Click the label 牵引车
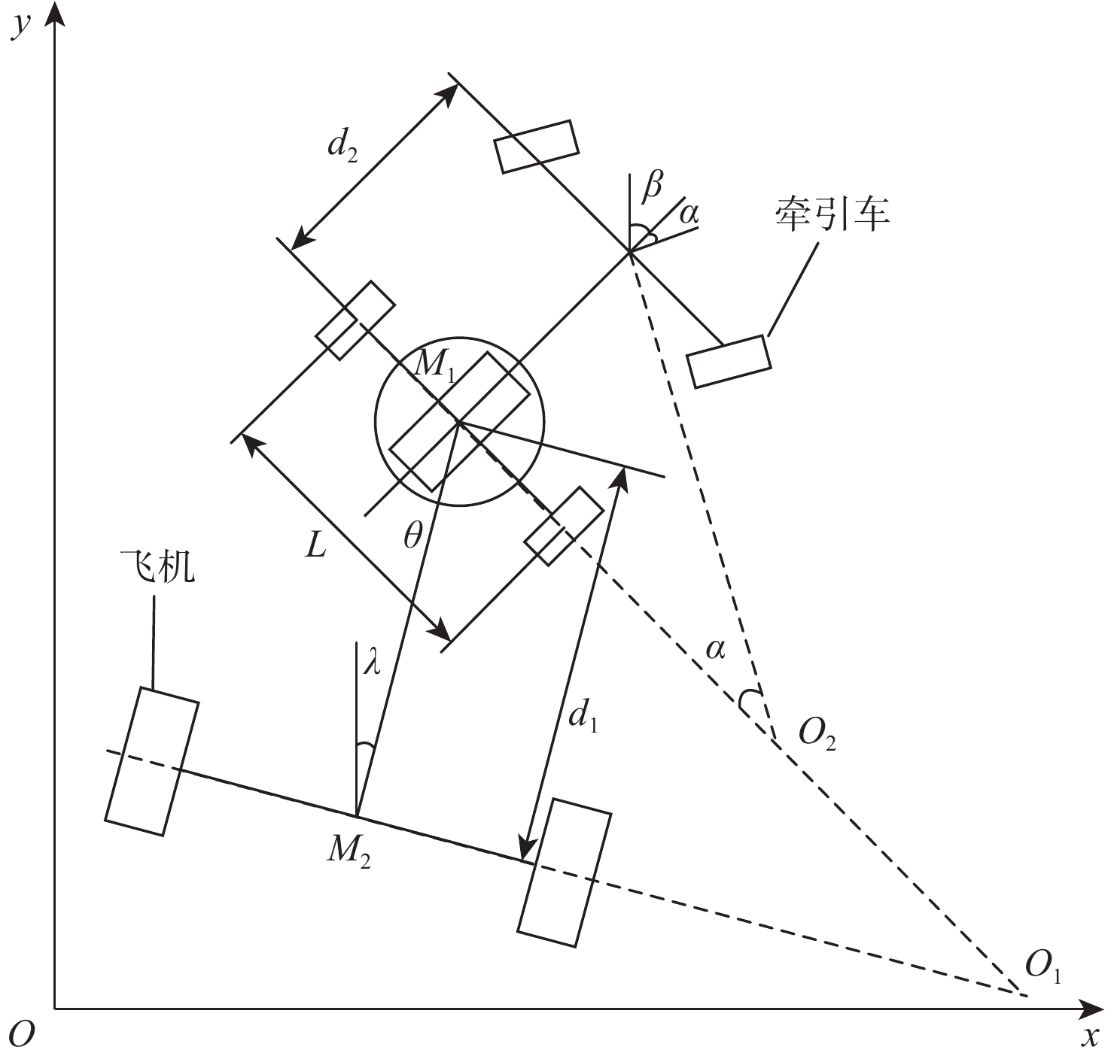pos(832,214)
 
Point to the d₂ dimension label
pos(342,149)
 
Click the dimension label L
pos(316,546)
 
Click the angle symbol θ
pos(413,536)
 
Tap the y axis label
pos(23,26)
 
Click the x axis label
pos(1089,1036)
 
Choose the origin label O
pos(23,1035)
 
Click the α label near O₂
pos(715,648)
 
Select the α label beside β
pos(689,214)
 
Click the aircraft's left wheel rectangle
pos(152,761)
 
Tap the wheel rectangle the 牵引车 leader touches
pos(729,362)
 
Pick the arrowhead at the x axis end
pos(1093,1007)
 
